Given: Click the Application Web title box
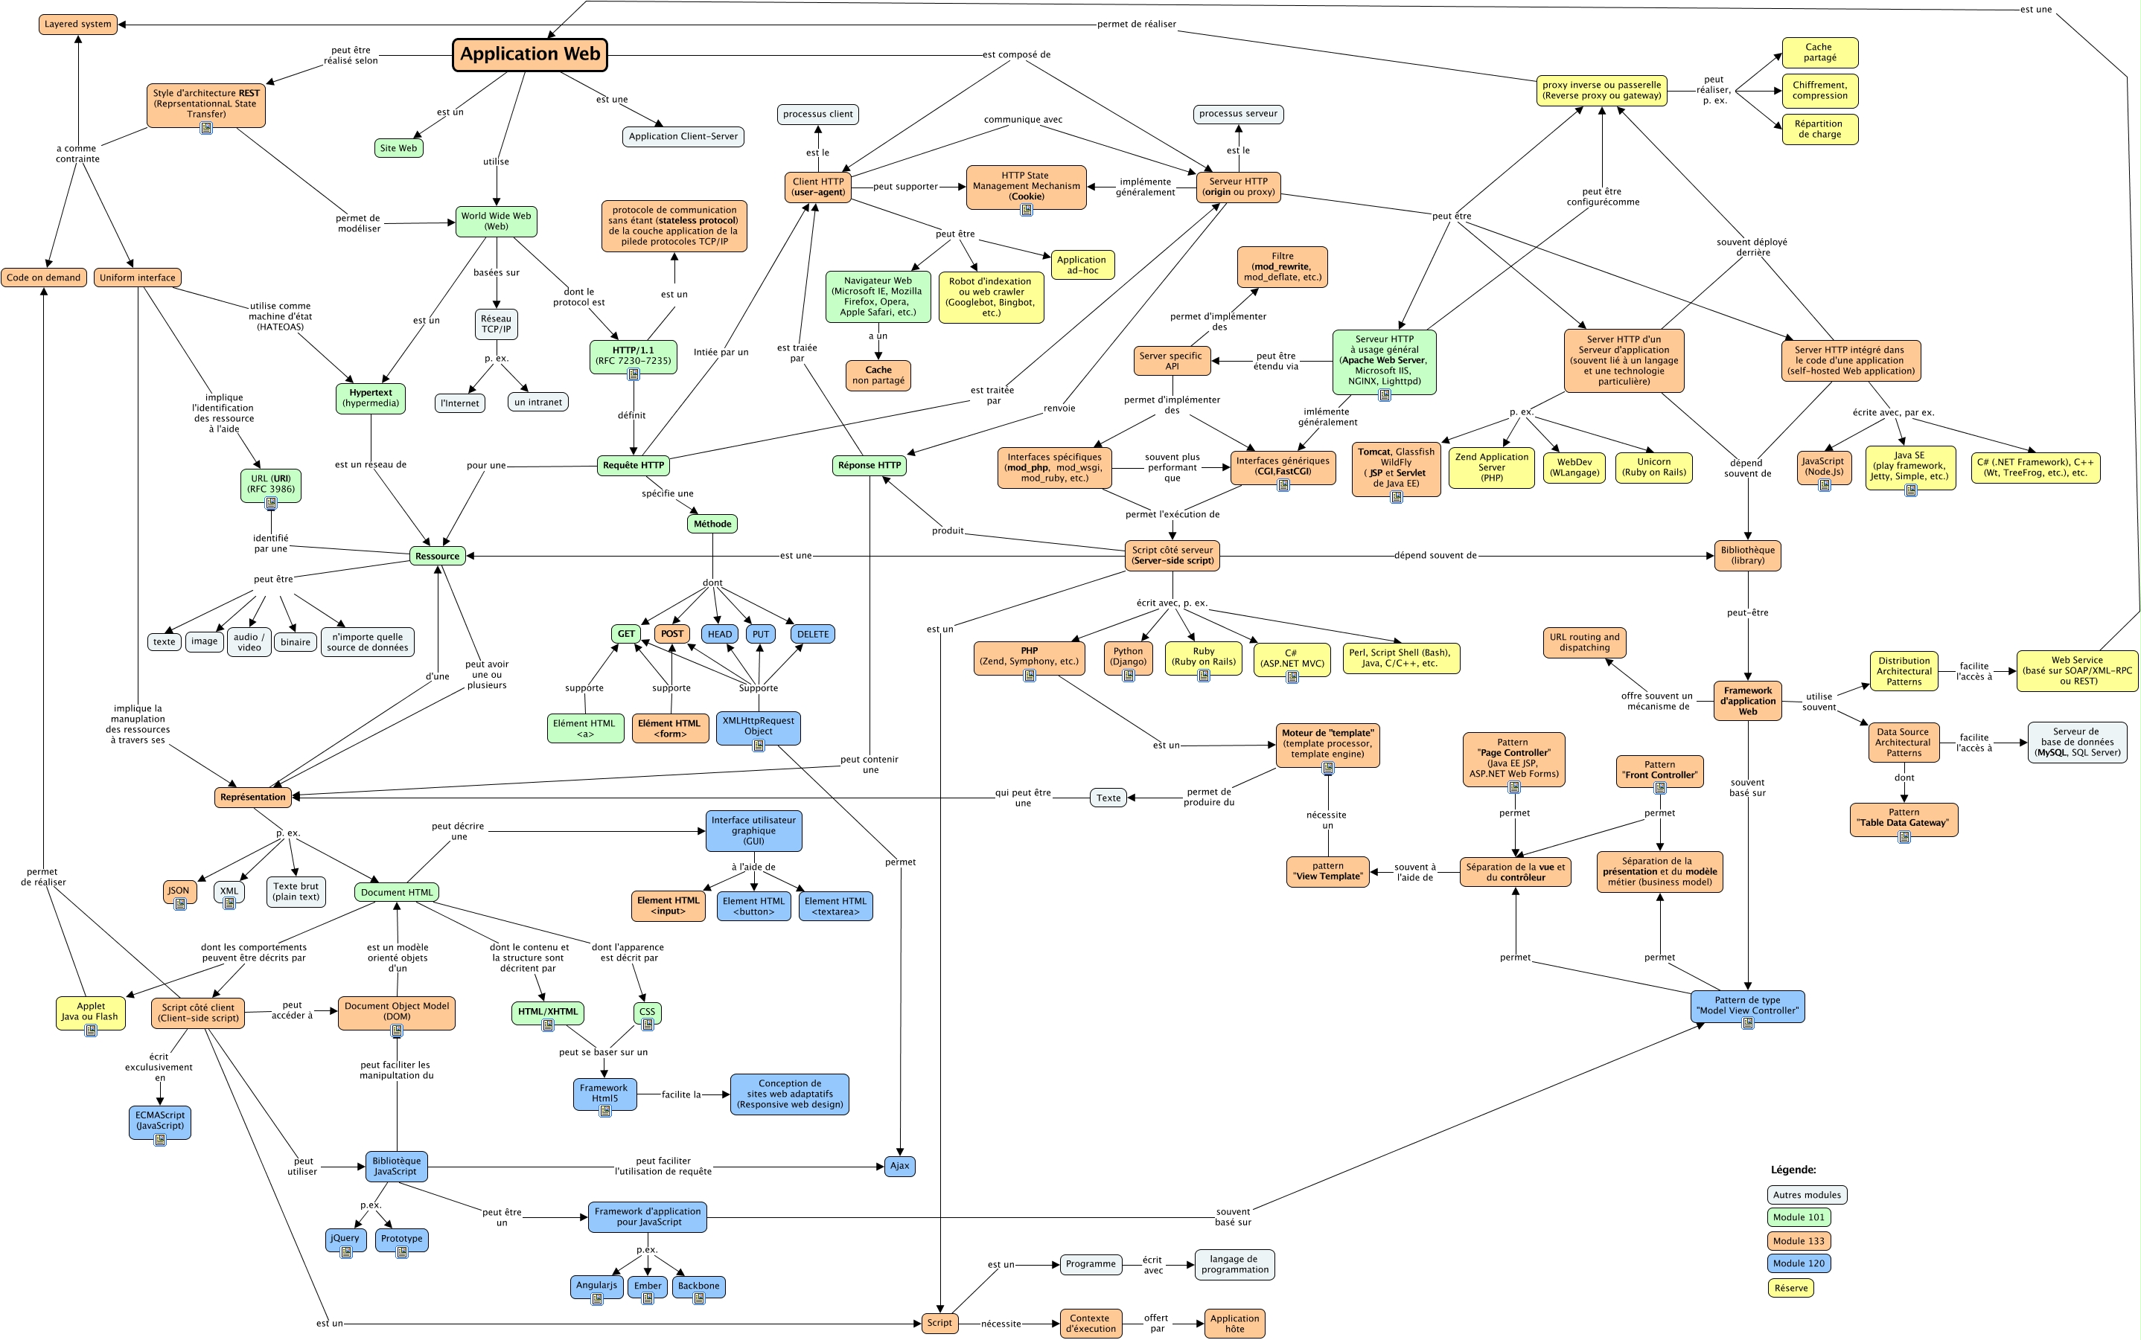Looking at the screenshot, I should pyautogui.click(x=530, y=54).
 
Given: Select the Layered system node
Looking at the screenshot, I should pyautogui.click(x=78, y=24).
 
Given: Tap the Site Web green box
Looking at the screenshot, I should pyautogui.click(x=398, y=148).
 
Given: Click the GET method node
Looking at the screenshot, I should pyautogui.click(x=626, y=634).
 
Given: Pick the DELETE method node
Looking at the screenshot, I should pyautogui.click(x=812, y=634).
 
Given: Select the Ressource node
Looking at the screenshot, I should pyautogui.click(x=437, y=556).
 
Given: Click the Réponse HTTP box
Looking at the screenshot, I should pyautogui.click(x=869, y=465).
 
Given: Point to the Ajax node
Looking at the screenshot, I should pyautogui.click(x=899, y=1165).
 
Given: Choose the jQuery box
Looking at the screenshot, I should pyautogui.click(x=345, y=1238).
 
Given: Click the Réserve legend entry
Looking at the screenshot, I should pyautogui.click(x=1791, y=1288).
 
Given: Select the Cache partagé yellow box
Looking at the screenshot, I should pyautogui.click(x=1819, y=52).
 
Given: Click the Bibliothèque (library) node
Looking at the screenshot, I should pyautogui.click(x=1747, y=555).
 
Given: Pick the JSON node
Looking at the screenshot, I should pyautogui.click(x=179, y=891).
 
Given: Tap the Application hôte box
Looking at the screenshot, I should pyautogui.click(x=1234, y=1323).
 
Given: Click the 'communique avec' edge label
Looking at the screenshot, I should pyautogui.click(x=1022, y=120).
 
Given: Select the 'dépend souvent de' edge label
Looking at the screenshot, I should pyautogui.click(x=1435, y=556).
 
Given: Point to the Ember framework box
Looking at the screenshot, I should pyautogui.click(x=647, y=1286).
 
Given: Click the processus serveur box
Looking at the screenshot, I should pyautogui.click(x=1237, y=113).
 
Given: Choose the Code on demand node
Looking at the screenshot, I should pyautogui.click(x=43, y=278).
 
